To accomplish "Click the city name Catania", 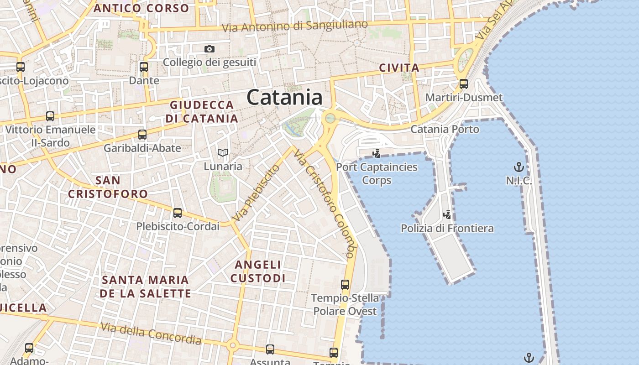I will [x=284, y=98].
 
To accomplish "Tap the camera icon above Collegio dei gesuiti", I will [x=209, y=49].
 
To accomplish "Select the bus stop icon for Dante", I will [x=144, y=67].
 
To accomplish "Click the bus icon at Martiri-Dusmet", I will [x=464, y=84].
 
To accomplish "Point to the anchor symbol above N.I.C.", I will [x=519, y=167].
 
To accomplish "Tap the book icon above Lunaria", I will [x=222, y=152].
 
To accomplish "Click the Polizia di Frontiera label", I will [x=447, y=228].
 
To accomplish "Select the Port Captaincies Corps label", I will [x=377, y=173].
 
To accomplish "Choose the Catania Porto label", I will [x=445, y=129].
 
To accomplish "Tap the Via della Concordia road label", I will [x=151, y=334].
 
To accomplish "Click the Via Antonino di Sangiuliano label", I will [x=294, y=26].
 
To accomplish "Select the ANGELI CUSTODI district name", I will [x=258, y=271].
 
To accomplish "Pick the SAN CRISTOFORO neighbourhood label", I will [x=108, y=187].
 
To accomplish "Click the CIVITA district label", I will [x=399, y=68].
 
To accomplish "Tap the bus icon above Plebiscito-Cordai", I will [x=178, y=213].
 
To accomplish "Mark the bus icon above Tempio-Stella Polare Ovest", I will [x=345, y=285].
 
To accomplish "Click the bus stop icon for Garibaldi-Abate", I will [x=142, y=135].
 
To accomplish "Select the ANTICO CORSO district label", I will [x=141, y=8].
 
